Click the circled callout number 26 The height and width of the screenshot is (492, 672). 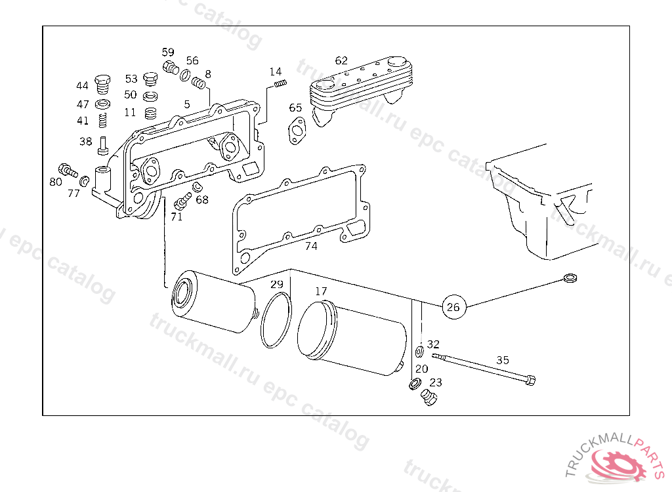[453, 306]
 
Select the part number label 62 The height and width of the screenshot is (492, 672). [341, 60]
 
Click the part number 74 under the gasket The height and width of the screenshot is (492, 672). [311, 247]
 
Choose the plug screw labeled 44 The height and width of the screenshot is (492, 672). [102, 83]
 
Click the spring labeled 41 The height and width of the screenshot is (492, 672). [102, 121]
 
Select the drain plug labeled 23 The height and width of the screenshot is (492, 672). [430, 398]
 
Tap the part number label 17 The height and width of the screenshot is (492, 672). [321, 291]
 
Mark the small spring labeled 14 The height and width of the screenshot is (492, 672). [280, 83]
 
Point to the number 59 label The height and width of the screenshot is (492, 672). [169, 52]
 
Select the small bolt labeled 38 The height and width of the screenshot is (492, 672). [103, 144]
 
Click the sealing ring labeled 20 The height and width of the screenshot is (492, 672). [415, 384]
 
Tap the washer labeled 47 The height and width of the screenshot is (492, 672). [102, 105]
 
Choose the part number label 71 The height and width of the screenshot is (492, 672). [177, 217]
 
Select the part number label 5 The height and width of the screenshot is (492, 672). [187, 104]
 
